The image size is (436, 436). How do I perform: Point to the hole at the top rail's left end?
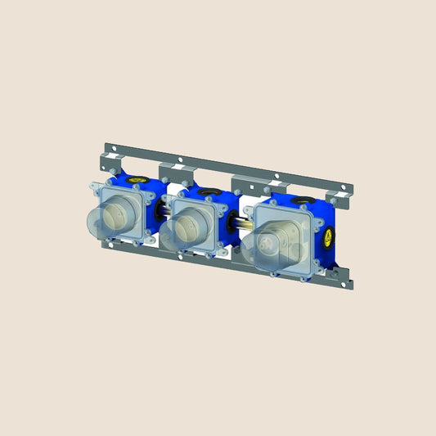point(115,150)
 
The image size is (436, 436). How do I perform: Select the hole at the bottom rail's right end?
point(350,282)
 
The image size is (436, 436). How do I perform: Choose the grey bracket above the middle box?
point(173,170)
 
